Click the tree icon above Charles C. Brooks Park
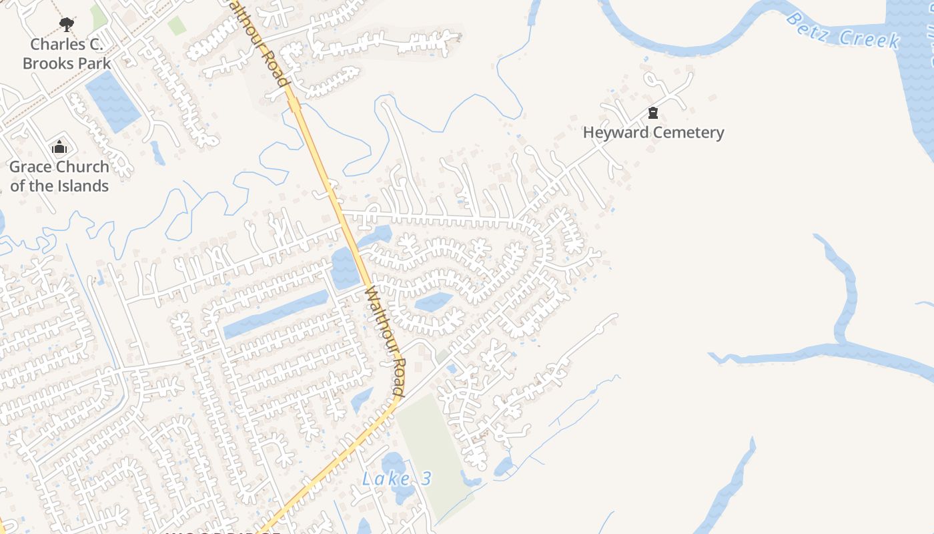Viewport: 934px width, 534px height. [x=66, y=25]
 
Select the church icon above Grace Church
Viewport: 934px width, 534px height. [x=59, y=148]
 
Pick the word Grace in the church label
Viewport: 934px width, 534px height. [x=32, y=167]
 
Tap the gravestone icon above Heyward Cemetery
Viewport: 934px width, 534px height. [x=653, y=113]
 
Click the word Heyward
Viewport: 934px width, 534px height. [x=615, y=132]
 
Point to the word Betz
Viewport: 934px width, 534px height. [x=808, y=27]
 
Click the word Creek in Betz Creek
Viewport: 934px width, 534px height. [x=869, y=39]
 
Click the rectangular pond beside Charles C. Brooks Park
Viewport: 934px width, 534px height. [x=113, y=101]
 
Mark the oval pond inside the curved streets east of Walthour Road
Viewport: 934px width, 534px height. [x=434, y=302]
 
